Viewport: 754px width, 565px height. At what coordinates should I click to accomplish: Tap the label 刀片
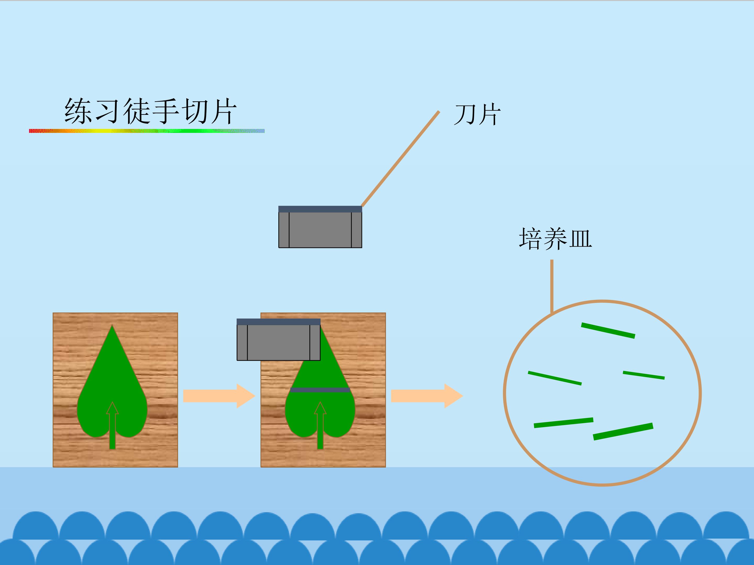coord(477,115)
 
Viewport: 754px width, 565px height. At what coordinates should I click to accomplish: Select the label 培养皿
coord(555,239)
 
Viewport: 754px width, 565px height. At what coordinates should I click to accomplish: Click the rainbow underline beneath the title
coord(147,131)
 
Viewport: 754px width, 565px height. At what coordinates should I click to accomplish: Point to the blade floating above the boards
coord(320,227)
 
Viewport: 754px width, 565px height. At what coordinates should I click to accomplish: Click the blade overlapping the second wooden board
coord(279,340)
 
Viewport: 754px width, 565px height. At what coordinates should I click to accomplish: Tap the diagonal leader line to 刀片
coord(400,159)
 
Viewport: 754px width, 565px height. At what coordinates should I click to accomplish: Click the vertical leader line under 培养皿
coord(552,286)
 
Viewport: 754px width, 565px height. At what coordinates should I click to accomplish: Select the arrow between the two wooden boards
coord(219,396)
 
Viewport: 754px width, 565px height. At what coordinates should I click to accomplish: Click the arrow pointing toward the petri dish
coord(427,396)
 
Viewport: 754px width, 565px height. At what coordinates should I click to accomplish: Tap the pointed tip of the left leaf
coord(112,325)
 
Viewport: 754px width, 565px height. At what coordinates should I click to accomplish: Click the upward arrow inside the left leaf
coord(112,425)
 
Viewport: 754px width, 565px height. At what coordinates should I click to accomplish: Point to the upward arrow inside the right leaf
coord(320,425)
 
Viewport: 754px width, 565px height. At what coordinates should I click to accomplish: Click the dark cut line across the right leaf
coord(320,390)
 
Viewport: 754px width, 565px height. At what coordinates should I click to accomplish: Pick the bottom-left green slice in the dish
coord(563,423)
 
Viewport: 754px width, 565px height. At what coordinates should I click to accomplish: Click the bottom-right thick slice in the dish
coord(623,432)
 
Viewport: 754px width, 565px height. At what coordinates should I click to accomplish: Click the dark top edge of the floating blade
coord(320,209)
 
